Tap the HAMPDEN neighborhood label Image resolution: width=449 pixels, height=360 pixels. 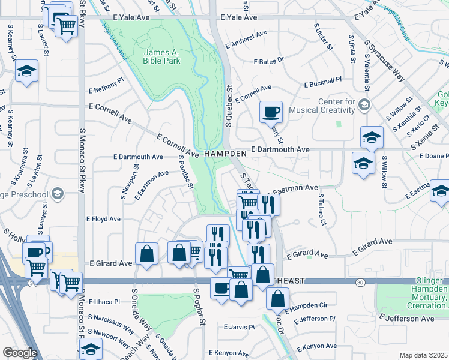pyautogui.click(x=225, y=154)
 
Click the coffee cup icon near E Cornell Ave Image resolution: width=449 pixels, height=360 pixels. pyautogui.click(x=271, y=111)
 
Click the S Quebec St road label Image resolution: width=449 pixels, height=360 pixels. pyautogui.click(x=229, y=105)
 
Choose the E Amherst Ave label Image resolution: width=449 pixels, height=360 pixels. pyautogui.click(x=246, y=40)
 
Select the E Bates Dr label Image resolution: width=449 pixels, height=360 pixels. pyautogui.click(x=268, y=62)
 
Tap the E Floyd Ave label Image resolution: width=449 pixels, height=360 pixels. pyautogui.click(x=104, y=219)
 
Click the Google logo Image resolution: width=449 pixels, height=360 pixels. pyautogui.click(x=20, y=353)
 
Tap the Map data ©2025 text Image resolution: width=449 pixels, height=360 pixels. pyautogui.click(x=423, y=355)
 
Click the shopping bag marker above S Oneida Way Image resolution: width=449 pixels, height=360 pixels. pyautogui.click(x=146, y=254)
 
